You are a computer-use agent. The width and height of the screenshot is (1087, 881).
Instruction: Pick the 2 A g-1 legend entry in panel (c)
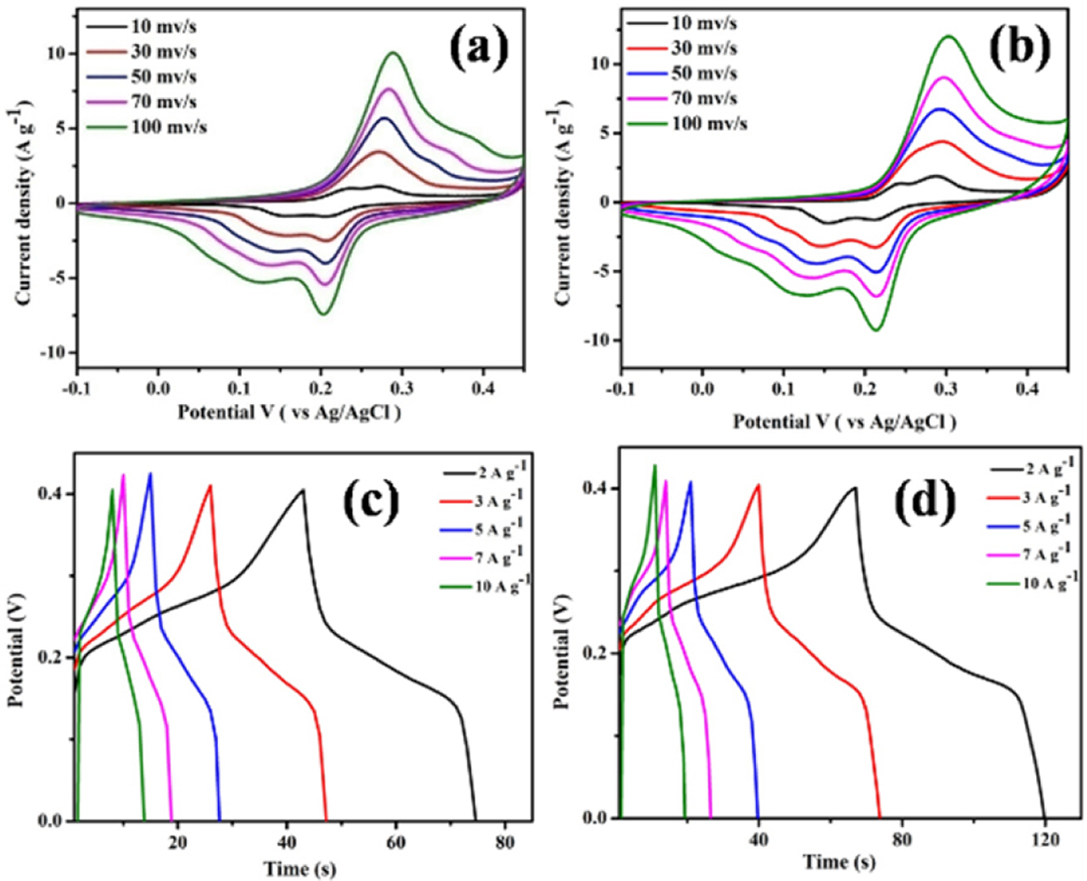coord(485,472)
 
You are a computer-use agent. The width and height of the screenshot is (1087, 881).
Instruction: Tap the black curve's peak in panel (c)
coord(304,490)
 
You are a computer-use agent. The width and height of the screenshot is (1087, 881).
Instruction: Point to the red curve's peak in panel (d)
coord(758,485)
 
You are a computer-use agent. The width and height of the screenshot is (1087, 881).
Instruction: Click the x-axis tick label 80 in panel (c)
coord(504,842)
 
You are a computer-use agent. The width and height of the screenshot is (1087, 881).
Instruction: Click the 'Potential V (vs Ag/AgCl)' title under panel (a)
coord(289,412)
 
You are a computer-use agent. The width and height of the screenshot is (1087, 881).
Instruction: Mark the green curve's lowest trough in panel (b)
coord(876,331)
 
